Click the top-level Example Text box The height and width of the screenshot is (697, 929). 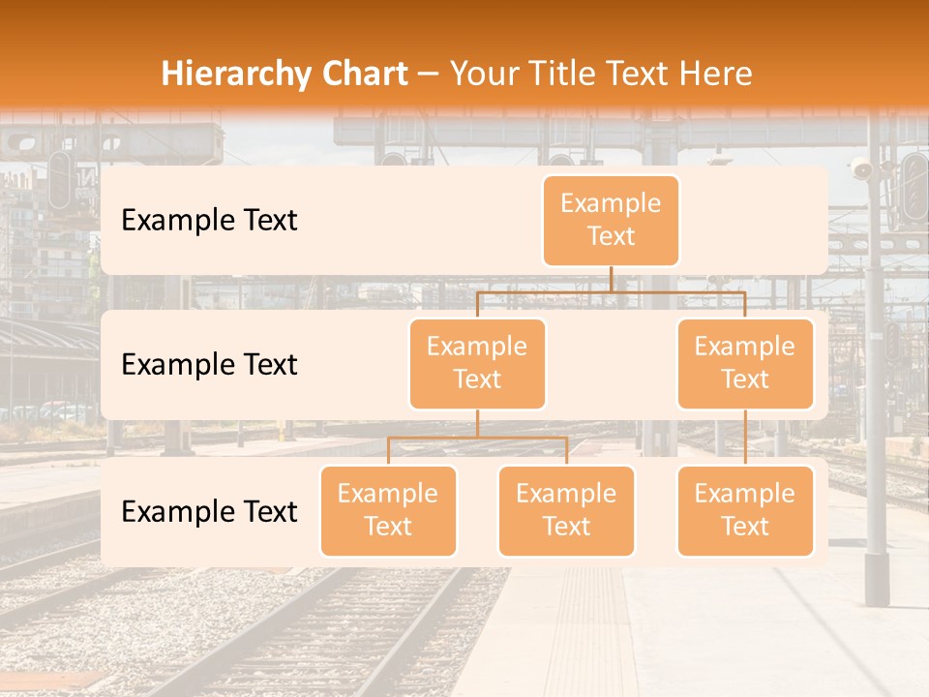tap(611, 221)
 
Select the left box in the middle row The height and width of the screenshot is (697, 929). tap(477, 364)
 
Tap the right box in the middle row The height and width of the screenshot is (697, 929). tap(745, 364)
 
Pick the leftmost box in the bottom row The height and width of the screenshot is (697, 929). tap(388, 511)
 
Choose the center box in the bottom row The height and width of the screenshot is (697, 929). tap(566, 511)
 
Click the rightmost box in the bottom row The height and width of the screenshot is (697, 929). tap(745, 511)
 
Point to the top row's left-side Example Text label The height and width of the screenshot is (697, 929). tap(209, 221)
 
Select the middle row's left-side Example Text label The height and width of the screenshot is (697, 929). tap(209, 365)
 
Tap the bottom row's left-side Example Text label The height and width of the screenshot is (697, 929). tap(209, 512)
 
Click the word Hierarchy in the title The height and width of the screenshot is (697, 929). tap(235, 75)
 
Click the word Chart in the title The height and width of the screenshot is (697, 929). tap(364, 74)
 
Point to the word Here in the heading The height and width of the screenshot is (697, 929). tap(716, 74)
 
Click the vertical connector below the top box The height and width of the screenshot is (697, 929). tap(611, 279)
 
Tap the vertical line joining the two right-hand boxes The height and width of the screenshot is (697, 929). tap(745, 438)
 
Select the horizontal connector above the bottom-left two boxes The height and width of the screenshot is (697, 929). tap(477, 438)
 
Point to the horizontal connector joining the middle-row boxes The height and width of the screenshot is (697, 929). tap(611, 291)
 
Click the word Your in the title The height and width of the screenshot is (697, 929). tap(482, 74)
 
